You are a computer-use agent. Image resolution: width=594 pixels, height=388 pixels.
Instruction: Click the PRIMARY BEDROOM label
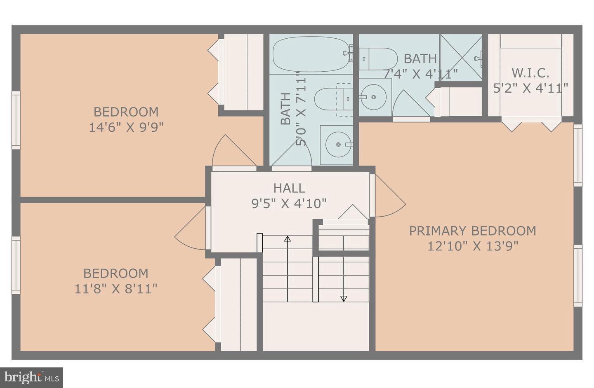click(472, 231)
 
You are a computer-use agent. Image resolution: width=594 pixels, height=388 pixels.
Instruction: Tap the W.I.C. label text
click(530, 73)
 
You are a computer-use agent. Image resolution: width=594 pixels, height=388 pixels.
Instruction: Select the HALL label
click(289, 188)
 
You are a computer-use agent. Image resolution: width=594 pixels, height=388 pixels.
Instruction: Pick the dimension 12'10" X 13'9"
click(472, 246)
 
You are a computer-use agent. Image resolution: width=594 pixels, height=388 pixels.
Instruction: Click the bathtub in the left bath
click(311, 54)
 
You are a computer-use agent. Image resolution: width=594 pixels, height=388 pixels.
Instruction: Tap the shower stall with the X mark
click(461, 58)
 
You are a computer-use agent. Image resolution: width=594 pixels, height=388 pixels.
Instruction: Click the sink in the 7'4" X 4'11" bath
click(373, 97)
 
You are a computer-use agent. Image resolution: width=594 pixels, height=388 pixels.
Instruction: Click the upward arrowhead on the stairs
click(288, 238)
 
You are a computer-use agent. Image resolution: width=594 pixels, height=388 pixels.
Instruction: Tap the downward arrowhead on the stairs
click(344, 299)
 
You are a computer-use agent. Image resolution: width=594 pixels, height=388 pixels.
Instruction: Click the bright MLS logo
click(31, 377)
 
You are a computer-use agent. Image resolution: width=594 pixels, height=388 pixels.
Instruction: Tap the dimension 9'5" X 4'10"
click(289, 203)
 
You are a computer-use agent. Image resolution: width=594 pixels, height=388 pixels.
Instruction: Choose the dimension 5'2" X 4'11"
click(530, 88)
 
